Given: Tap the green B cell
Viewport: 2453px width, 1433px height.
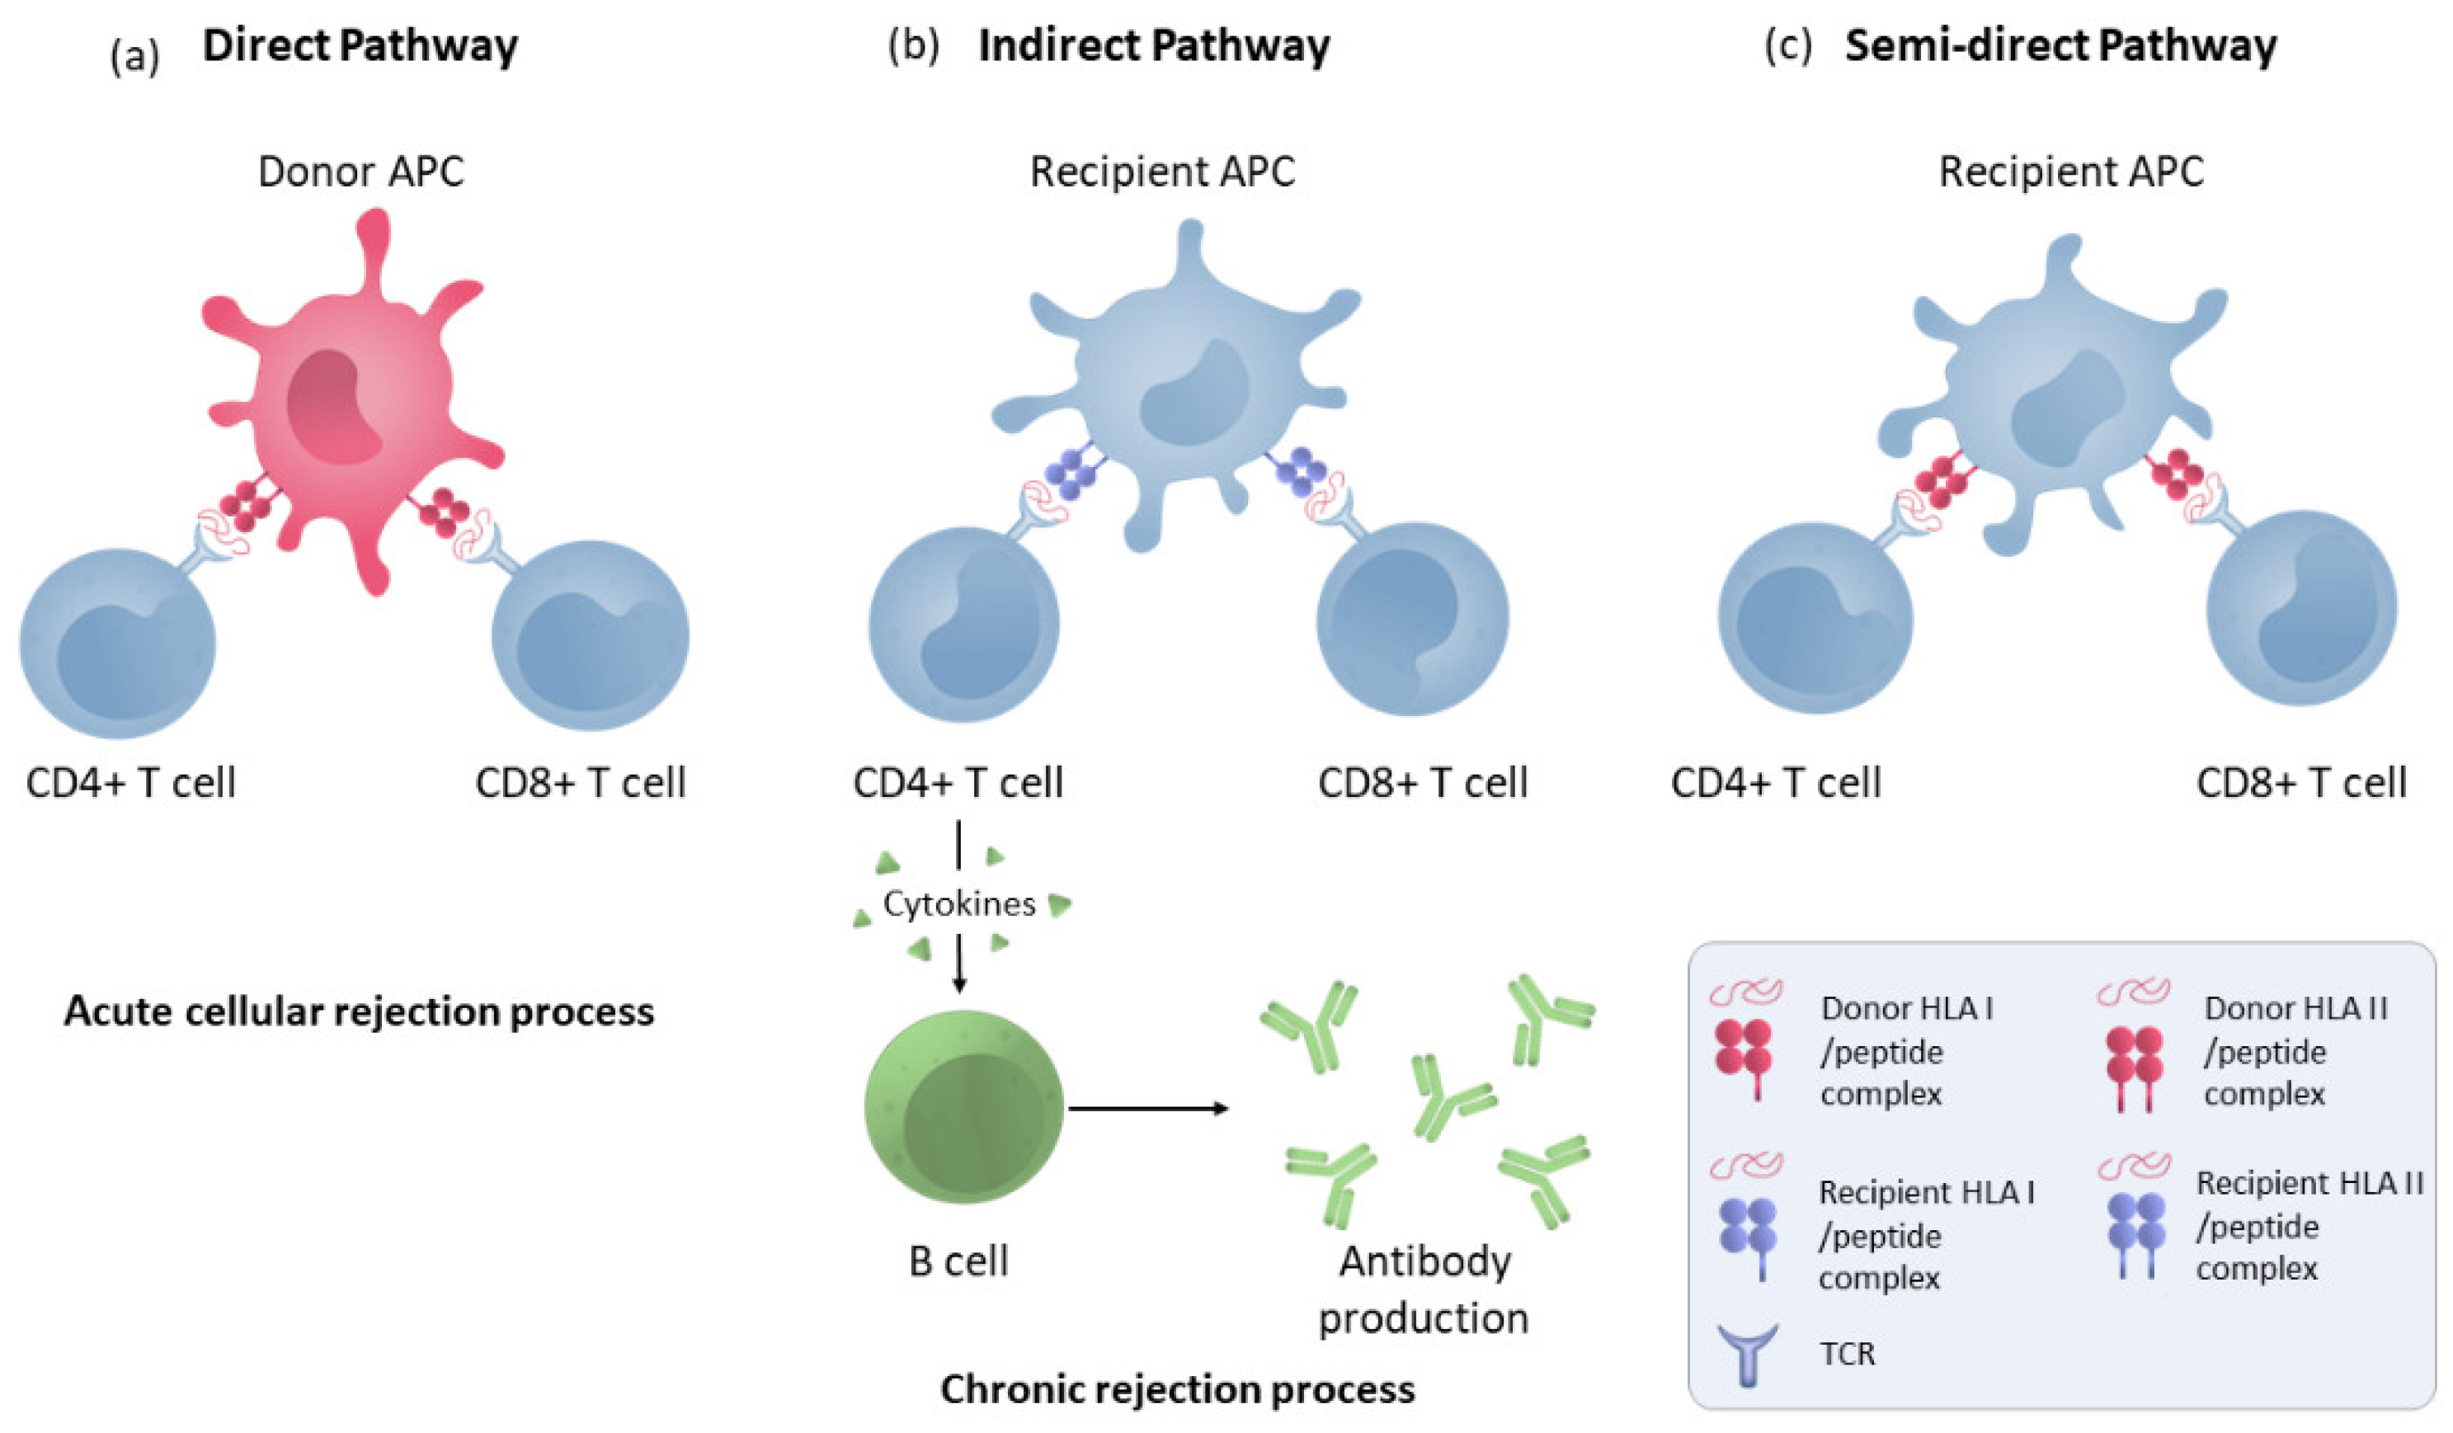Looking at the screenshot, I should coord(963,1108).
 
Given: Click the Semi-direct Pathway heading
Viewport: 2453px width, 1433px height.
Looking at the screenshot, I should coord(2060,45).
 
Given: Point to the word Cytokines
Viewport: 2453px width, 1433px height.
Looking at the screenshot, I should coord(958,904).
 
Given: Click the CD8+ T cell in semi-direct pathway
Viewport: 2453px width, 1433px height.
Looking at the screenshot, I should coord(2302,609).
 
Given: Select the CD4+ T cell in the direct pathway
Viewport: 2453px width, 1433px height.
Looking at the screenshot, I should coord(117,643).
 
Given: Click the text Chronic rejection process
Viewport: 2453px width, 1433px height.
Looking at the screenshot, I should coord(1177,1389).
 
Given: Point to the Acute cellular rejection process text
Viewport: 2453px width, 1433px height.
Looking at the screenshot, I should coord(359,1011).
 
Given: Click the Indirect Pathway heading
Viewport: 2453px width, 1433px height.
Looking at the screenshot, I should coord(1153,45).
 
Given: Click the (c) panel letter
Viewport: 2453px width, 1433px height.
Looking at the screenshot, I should coord(1788,45).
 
